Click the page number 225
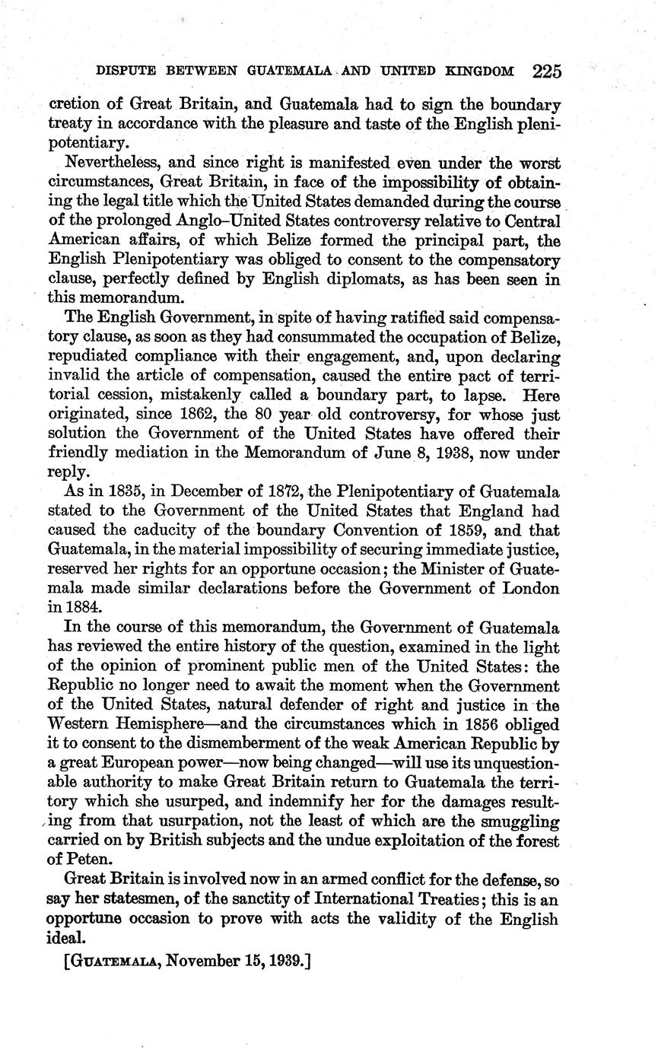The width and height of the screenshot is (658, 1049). (547, 72)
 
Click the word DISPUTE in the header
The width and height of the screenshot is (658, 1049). (124, 72)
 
